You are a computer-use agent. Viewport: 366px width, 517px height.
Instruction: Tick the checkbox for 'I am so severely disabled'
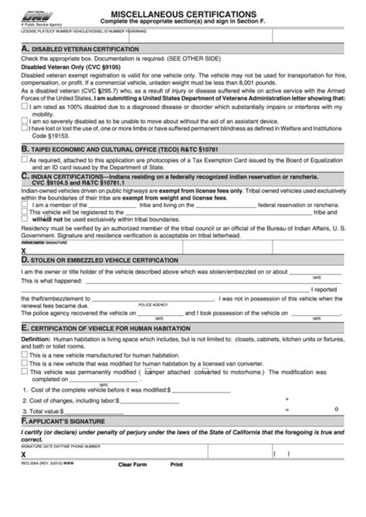(x=24, y=121)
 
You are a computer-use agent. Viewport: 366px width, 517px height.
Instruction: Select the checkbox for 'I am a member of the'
(x=24, y=205)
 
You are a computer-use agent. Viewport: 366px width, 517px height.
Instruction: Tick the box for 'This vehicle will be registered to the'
(x=24, y=212)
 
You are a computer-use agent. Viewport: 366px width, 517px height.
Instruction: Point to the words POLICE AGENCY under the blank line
(x=153, y=304)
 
